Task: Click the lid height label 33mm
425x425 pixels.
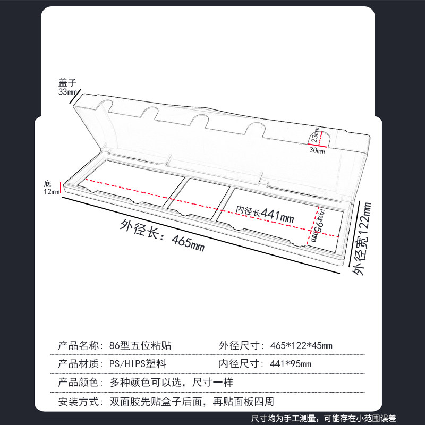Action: pyautogui.click(x=67, y=92)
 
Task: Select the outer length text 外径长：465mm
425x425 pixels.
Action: pyautogui.click(x=163, y=236)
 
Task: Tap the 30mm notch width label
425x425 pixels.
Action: pyautogui.click(x=317, y=150)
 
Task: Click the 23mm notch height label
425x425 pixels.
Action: pyautogui.click(x=315, y=135)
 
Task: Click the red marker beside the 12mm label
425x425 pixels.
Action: pyautogui.click(x=62, y=187)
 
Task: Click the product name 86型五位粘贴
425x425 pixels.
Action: pyautogui.click(x=140, y=346)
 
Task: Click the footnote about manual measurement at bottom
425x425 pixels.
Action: pyautogui.click(x=324, y=419)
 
